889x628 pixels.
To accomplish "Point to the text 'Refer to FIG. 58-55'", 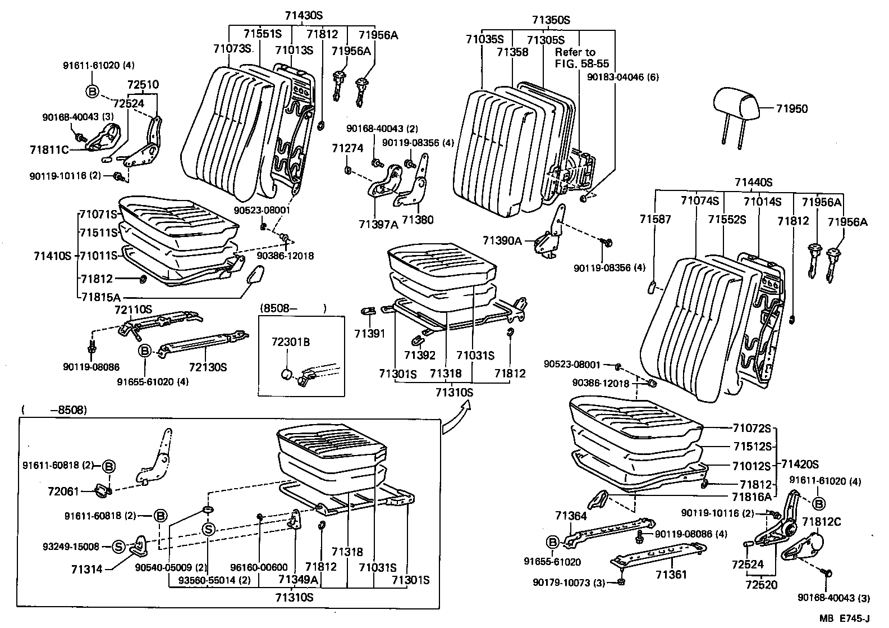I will click(581, 58).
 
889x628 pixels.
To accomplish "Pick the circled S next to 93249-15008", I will click(118, 547).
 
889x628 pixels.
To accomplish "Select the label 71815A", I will click(99, 298).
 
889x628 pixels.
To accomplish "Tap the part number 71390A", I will click(502, 241).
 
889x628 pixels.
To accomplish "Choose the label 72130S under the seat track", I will click(208, 367).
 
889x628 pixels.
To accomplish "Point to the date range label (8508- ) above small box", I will click(293, 308).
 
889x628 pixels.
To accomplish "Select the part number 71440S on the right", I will click(753, 183).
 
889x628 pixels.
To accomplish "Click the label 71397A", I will click(378, 225).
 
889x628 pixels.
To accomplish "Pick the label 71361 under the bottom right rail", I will click(671, 574).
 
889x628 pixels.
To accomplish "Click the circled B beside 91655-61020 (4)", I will click(144, 351).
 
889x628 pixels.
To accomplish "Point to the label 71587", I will click(654, 220).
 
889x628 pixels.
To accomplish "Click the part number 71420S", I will click(800, 464).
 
